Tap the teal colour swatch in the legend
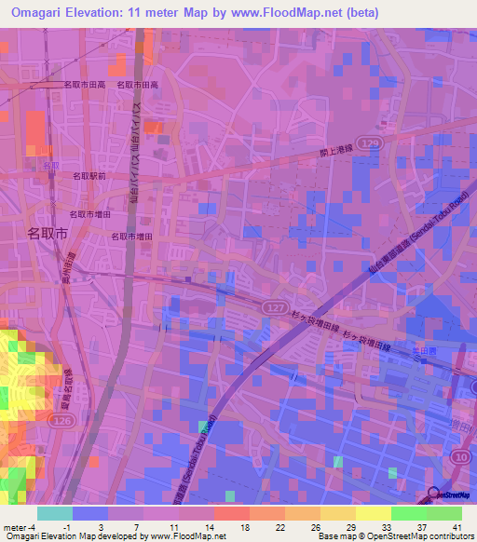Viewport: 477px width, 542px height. pos(54,513)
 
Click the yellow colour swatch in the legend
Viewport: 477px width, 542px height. pos(373,513)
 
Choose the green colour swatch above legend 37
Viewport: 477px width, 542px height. pos(408,513)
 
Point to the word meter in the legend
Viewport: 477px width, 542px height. pos(13,526)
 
